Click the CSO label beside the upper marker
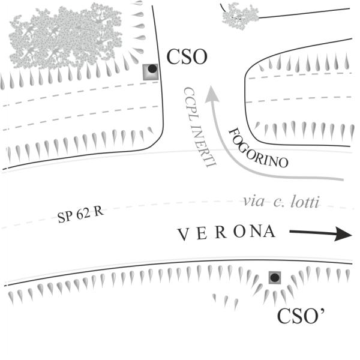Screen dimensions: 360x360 click(x=187, y=57)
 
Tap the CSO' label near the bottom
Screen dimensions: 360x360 click(x=301, y=316)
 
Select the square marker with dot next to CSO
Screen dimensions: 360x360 click(x=151, y=72)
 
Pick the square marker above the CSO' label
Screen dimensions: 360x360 click(x=275, y=278)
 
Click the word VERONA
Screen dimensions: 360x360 click(x=227, y=233)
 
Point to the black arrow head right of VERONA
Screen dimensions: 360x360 click(x=343, y=234)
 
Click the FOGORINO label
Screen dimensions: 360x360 click(x=258, y=148)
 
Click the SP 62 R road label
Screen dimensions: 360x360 click(x=80, y=215)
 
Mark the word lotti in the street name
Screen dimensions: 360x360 click(x=305, y=202)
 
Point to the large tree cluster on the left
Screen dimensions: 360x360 click(x=65, y=35)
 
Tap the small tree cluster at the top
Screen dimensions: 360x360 click(x=241, y=16)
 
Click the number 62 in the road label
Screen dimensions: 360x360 click(x=83, y=214)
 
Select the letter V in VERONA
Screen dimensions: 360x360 click(x=184, y=235)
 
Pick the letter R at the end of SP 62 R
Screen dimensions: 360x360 click(x=99, y=211)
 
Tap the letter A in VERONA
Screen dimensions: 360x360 click(x=269, y=232)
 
